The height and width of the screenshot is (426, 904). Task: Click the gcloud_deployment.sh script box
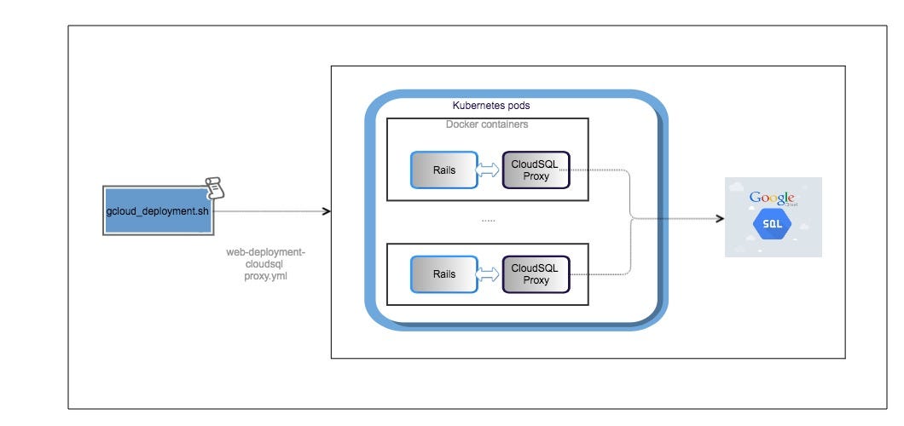coord(157,210)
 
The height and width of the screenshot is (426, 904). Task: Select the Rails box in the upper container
coord(443,170)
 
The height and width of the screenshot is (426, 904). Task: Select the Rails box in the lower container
coord(443,274)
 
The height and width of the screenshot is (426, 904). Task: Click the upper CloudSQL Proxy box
coord(536,170)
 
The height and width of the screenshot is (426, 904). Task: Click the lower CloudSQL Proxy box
coord(536,274)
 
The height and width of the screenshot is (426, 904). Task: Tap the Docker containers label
coord(487,124)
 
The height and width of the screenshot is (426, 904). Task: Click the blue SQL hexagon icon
coord(773,224)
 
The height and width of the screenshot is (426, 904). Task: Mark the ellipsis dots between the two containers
coord(488,220)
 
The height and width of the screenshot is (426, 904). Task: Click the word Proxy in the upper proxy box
coord(536,176)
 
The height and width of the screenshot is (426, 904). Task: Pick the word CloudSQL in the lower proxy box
coord(536,268)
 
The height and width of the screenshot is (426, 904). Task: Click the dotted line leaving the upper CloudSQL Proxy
coord(597,170)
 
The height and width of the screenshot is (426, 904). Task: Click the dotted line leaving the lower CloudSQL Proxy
coord(597,274)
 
